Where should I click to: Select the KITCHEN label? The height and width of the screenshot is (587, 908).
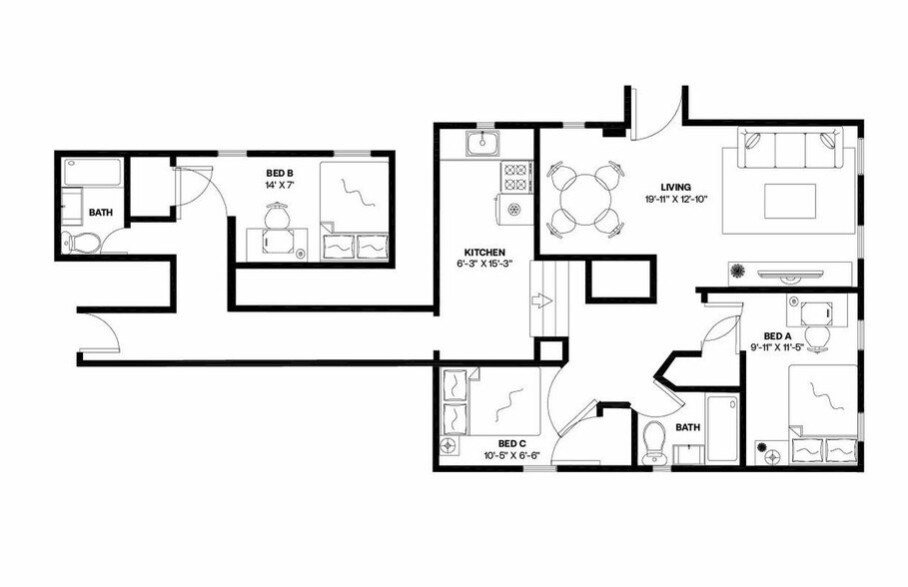[x=483, y=252]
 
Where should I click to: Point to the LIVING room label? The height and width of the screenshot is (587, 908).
[x=676, y=186]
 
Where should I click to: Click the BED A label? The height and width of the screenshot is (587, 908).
[x=777, y=336]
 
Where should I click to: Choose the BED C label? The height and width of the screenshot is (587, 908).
[x=511, y=443]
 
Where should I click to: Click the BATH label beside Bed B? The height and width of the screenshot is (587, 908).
[x=100, y=213]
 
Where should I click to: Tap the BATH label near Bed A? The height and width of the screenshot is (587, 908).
[x=687, y=427]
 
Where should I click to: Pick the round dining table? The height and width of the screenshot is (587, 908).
[x=581, y=202]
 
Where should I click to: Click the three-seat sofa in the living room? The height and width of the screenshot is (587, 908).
[x=785, y=150]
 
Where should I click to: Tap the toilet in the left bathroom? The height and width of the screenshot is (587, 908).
[x=80, y=242]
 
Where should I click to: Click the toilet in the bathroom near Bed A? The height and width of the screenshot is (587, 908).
[x=654, y=440]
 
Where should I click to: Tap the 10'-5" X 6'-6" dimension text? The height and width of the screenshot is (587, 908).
[x=511, y=456]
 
